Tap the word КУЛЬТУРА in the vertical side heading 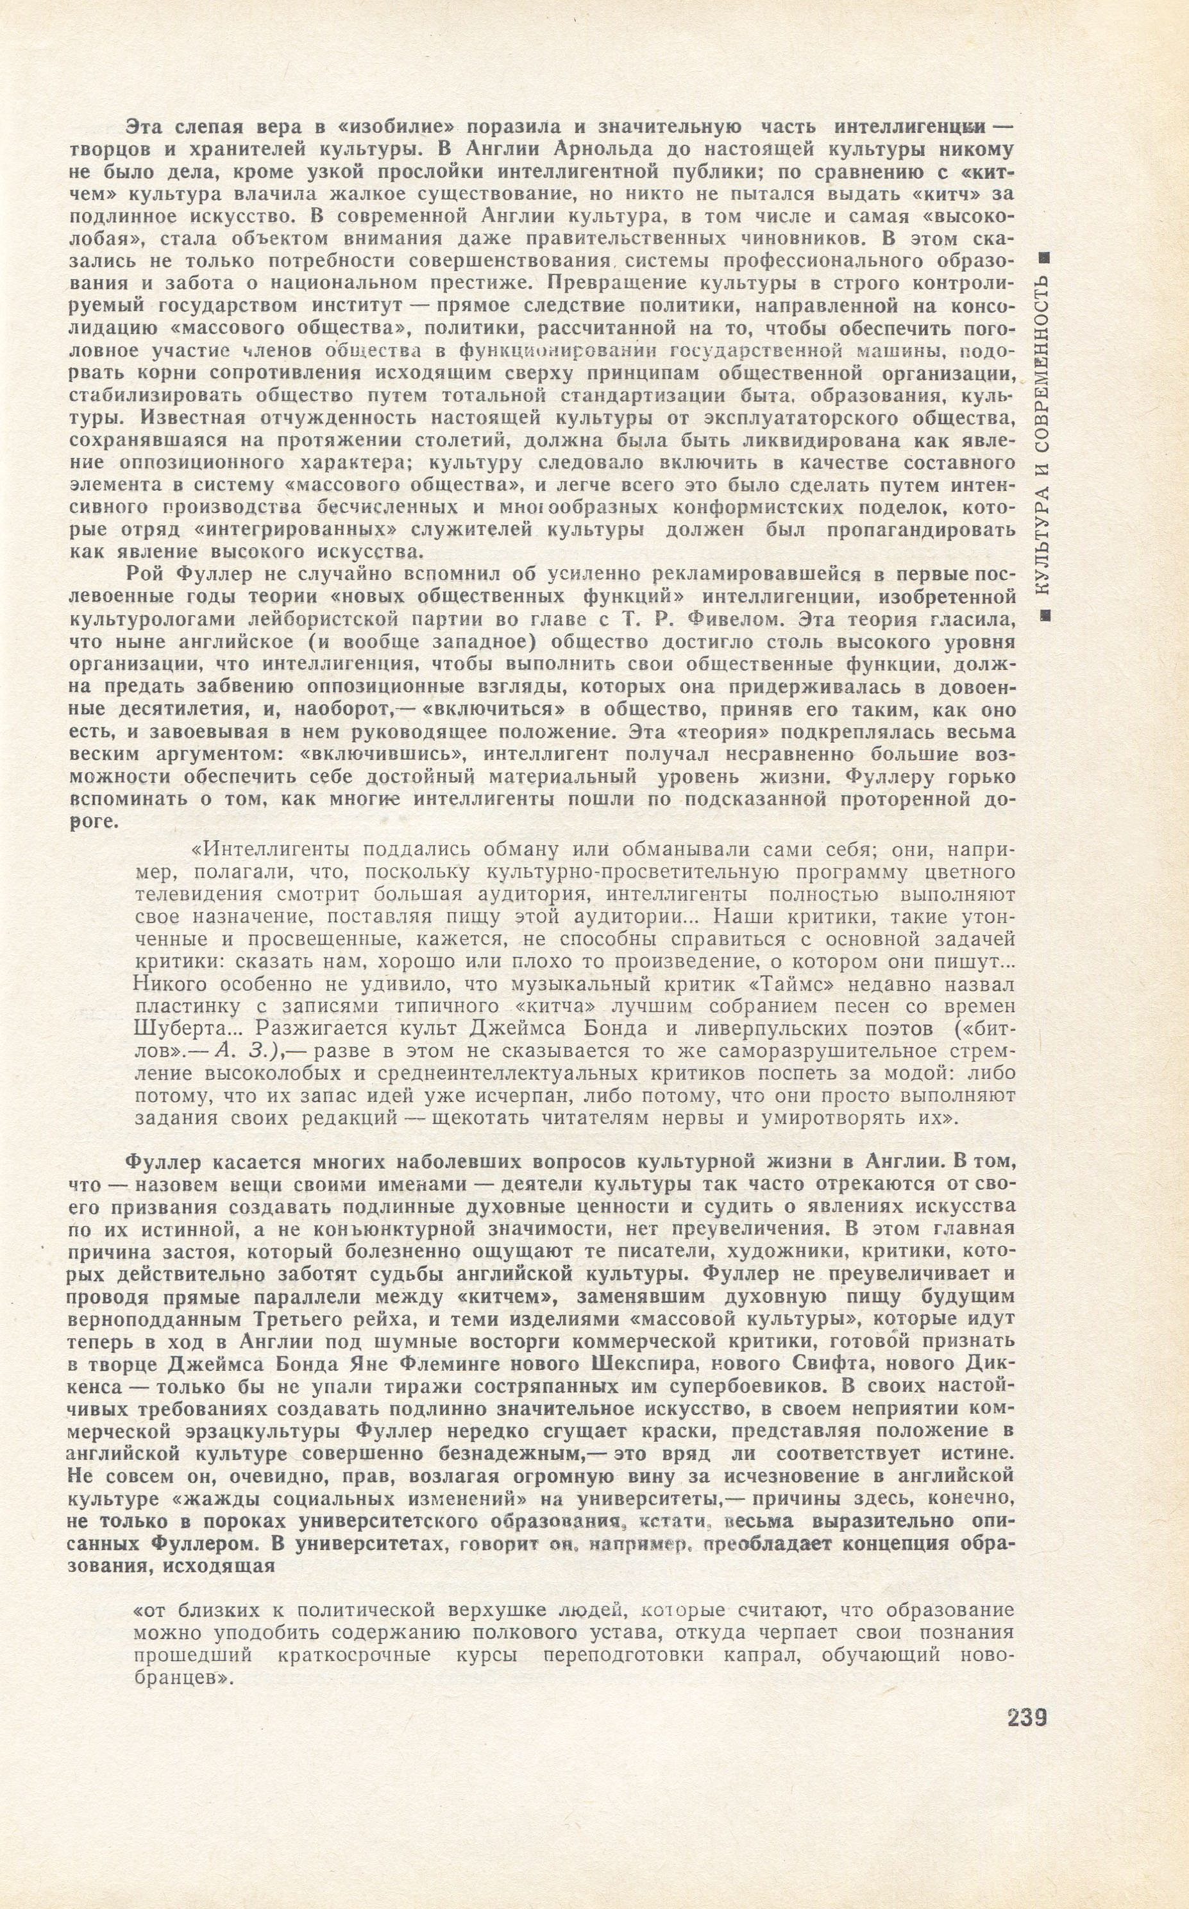(1043, 543)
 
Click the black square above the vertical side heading (1043, 258)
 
